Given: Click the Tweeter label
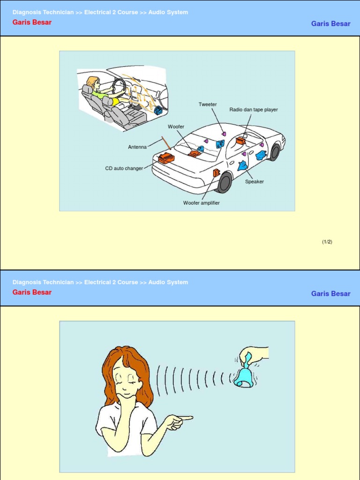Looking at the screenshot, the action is click(208, 105).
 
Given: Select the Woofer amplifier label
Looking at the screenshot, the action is click(202, 202).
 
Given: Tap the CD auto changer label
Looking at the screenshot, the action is click(124, 168).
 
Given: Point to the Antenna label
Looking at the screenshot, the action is click(137, 147).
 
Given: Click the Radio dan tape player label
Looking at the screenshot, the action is click(254, 110).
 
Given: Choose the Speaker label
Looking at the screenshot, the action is click(255, 181).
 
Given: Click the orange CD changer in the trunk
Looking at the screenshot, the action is click(166, 158).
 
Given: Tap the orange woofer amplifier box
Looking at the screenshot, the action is click(217, 173).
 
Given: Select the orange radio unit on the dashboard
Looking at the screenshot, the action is click(240, 141).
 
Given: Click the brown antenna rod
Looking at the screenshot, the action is click(166, 143).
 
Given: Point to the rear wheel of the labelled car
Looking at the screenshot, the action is click(225, 182).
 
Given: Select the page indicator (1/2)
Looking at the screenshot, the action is click(327, 242).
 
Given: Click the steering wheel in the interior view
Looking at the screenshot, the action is click(118, 86).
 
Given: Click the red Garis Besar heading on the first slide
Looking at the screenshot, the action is click(32, 22).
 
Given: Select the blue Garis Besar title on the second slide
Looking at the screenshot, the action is click(330, 293).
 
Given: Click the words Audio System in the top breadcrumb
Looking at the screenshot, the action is click(168, 12).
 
